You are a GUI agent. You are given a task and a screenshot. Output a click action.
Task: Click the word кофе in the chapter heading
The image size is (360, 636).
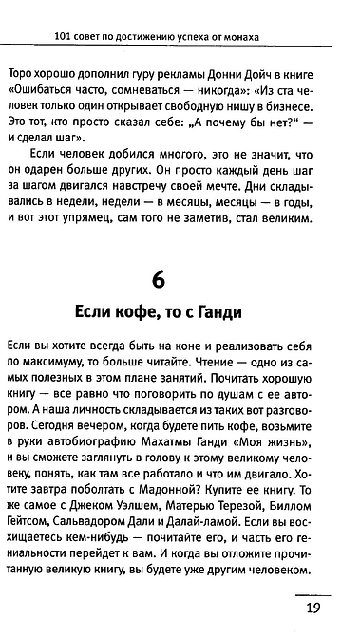pos(150,312)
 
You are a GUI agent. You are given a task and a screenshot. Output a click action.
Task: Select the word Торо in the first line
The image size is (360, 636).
pos(20,74)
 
